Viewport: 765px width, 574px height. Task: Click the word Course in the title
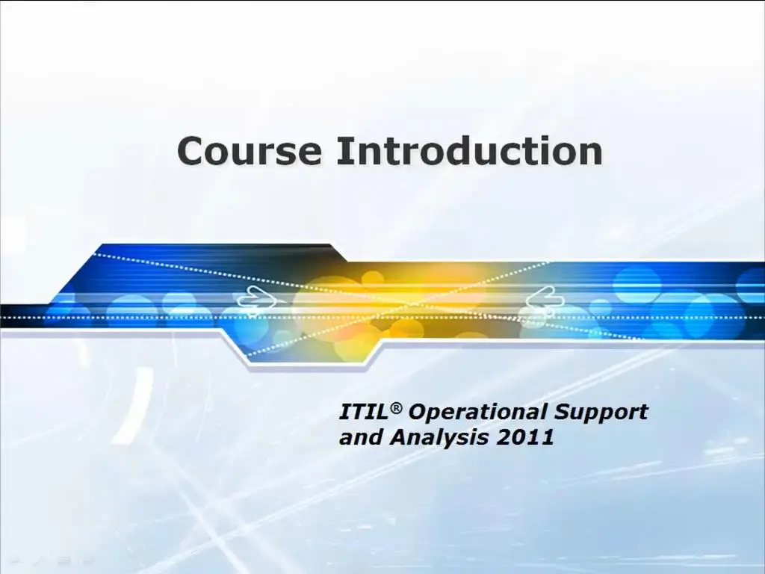[x=250, y=151]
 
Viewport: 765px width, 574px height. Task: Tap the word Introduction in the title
[x=469, y=150]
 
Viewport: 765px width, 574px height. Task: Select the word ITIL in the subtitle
[x=363, y=412]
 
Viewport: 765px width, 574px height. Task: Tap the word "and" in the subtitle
[x=360, y=436]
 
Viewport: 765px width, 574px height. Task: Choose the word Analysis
[x=439, y=438]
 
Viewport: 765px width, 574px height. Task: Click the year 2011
[x=525, y=436]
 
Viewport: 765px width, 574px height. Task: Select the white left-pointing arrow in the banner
[x=545, y=298]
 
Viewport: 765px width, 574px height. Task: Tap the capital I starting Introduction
[x=342, y=151]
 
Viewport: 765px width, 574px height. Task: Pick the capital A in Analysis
[x=400, y=436]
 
